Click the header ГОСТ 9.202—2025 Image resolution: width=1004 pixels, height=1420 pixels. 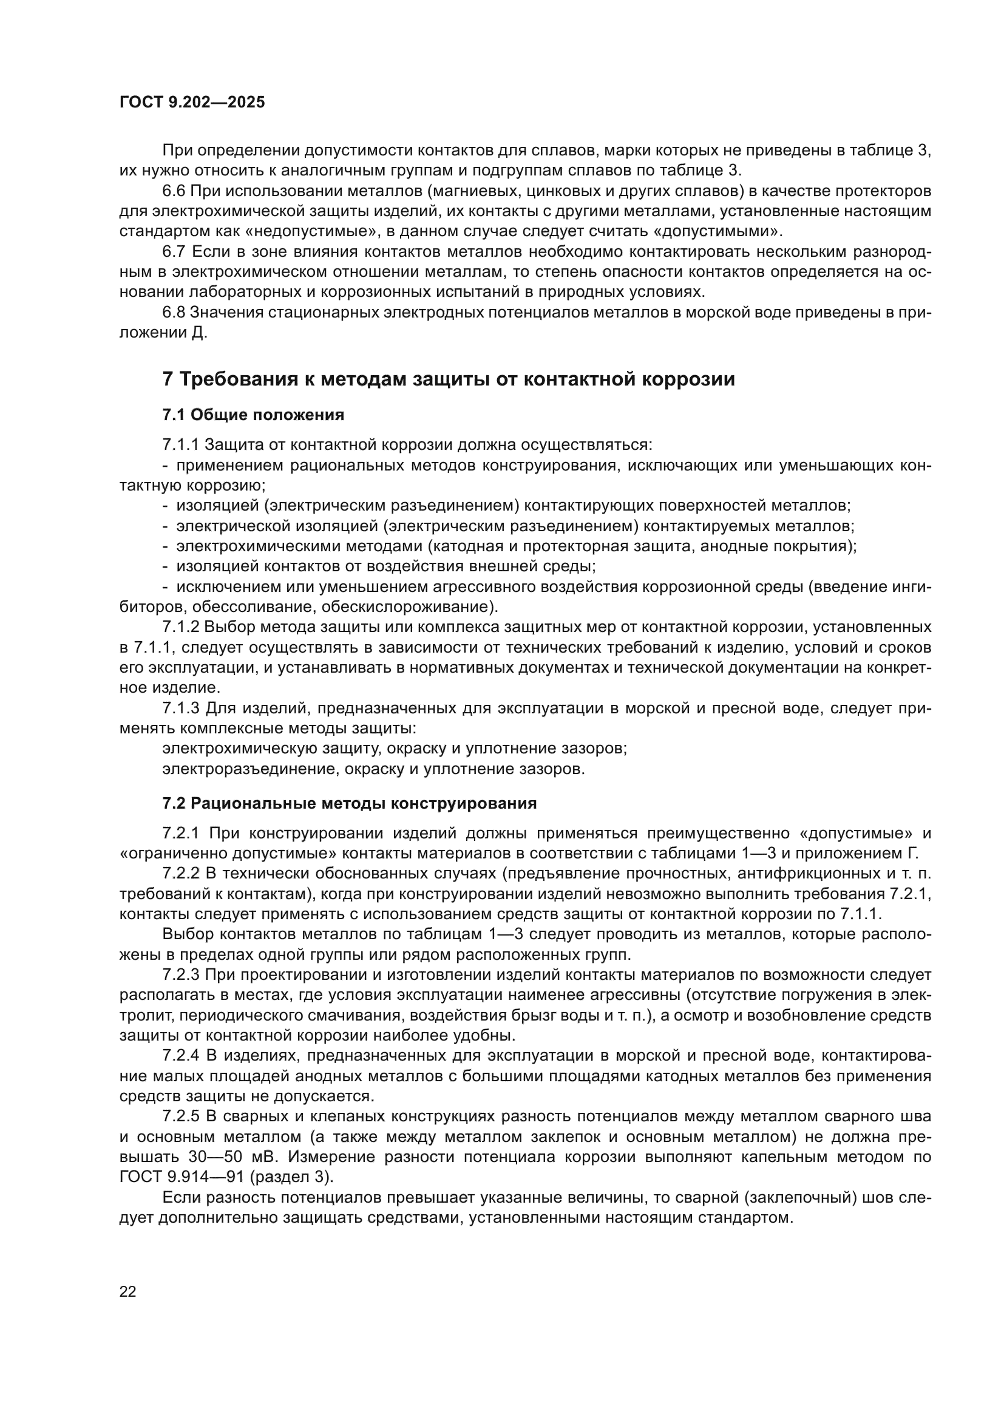click(192, 102)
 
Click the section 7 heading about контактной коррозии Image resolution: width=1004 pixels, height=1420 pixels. click(448, 378)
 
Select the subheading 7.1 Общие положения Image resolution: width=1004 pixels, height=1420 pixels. click(253, 415)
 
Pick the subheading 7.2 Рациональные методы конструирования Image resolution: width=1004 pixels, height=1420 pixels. click(349, 803)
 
